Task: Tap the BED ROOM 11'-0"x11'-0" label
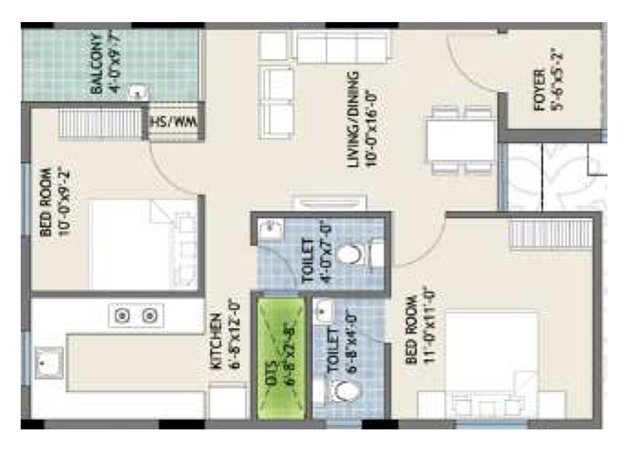[x=420, y=329]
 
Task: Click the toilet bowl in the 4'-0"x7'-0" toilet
[x=351, y=255]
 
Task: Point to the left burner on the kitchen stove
[x=124, y=316]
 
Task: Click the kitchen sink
[x=49, y=362]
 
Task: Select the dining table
[x=460, y=140]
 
